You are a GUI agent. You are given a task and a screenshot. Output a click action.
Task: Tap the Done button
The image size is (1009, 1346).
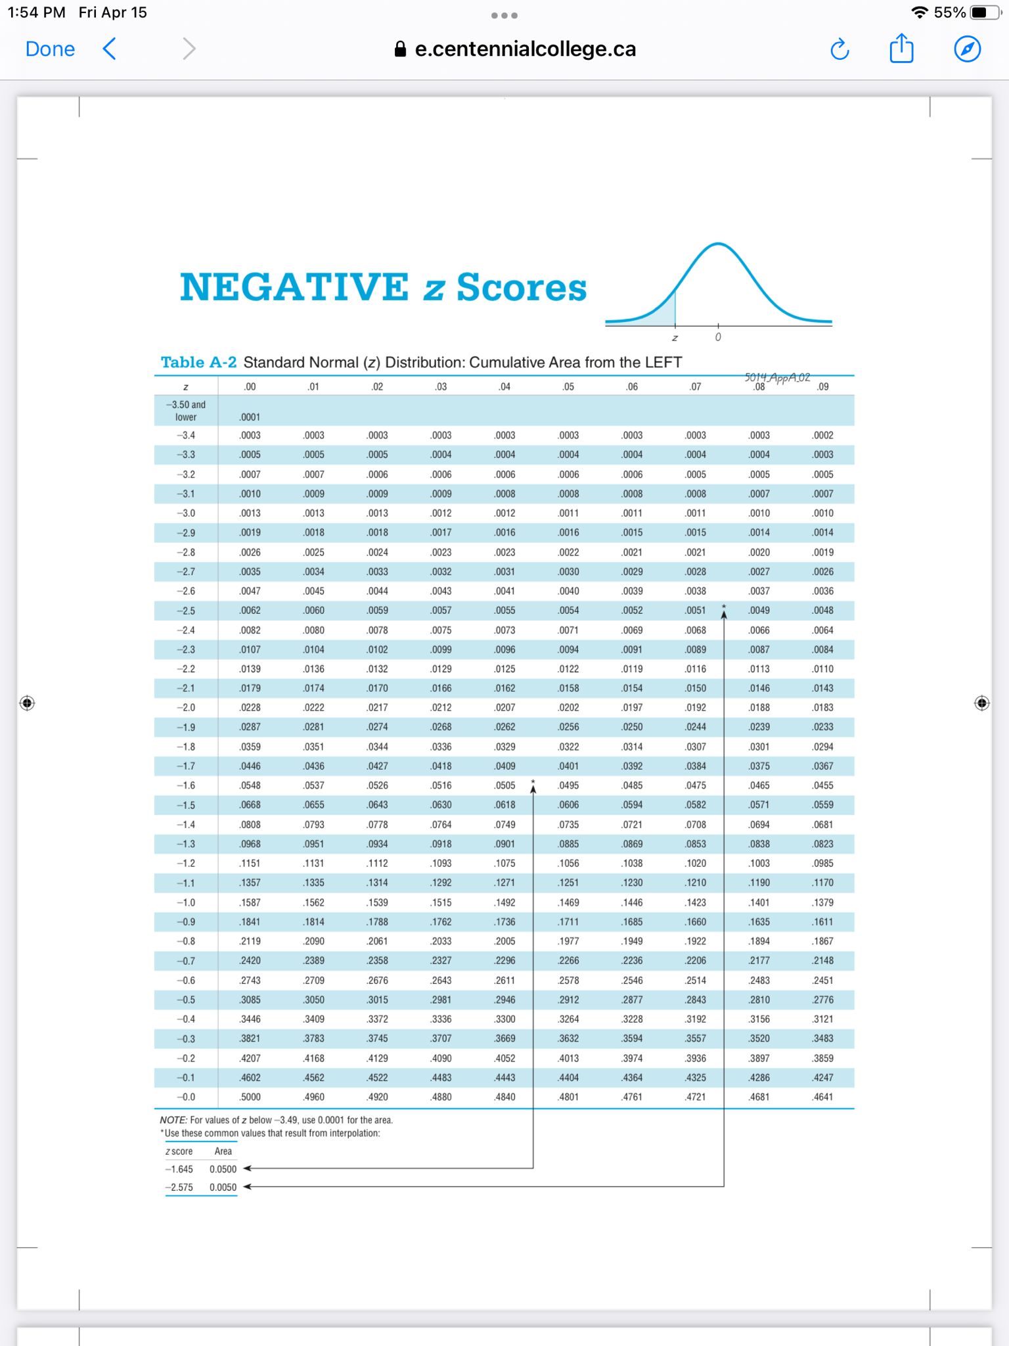(x=50, y=49)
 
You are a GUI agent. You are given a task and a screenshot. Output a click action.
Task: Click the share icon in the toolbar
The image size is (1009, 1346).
(x=901, y=49)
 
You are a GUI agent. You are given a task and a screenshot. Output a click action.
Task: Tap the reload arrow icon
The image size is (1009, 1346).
(x=840, y=49)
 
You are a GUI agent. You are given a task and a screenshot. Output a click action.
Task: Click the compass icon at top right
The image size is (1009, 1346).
(x=967, y=49)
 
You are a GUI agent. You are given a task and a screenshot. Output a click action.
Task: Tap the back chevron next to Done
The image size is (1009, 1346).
(x=110, y=49)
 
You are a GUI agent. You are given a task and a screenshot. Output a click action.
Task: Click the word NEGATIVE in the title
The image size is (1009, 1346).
(x=294, y=287)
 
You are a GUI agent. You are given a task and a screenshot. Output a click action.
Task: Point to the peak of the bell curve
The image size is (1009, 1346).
(x=719, y=245)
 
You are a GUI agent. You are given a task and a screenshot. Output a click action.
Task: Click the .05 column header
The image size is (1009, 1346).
(x=568, y=387)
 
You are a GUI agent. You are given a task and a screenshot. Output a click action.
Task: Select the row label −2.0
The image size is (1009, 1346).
(x=186, y=708)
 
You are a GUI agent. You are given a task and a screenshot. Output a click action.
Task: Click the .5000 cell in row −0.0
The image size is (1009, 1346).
(x=250, y=1097)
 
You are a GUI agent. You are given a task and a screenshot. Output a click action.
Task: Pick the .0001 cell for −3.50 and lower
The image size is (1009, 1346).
(x=250, y=417)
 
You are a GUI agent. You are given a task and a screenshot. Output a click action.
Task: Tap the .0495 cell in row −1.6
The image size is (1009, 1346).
(x=568, y=785)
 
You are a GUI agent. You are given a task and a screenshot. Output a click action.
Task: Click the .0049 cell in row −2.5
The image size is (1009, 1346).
(x=759, y=611)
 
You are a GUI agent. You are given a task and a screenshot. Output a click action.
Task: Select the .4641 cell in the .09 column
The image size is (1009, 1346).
(x=822, y=1097)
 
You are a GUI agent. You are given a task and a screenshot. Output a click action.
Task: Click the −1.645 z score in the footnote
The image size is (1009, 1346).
(x=179, y=1169)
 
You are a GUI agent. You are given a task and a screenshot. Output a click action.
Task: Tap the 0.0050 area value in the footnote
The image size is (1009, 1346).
(x=223, y=1188)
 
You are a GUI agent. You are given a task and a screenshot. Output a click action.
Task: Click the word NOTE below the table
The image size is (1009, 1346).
(x=173, y=1120)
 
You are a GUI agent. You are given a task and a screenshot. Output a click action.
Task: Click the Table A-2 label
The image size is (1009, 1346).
(x=198, y=362)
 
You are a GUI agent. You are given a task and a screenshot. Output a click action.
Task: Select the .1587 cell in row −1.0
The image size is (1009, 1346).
(x=250, y=902)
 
